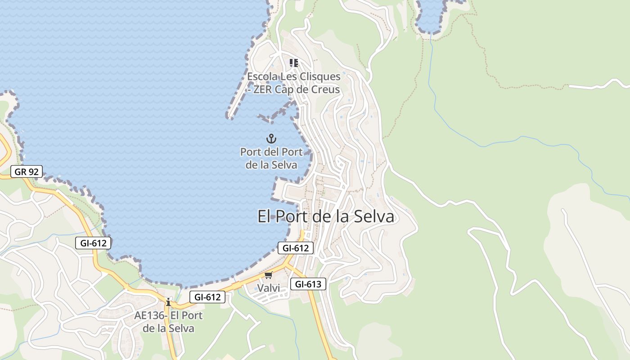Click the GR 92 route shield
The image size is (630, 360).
click(x=27, y=171)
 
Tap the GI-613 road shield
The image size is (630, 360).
click(x=308, y=284)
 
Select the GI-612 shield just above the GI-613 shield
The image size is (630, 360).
click(x=295, y=248)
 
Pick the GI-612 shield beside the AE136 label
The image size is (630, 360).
click(x=207, y=297)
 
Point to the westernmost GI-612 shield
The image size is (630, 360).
click(x=93, y=243)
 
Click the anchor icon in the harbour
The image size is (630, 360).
click(x=271, y=138)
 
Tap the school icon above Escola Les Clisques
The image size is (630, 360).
click(x=293, y=63)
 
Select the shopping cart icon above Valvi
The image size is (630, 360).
click(x=269, y=275)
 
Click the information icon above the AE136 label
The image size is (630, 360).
click(x=168, y=302)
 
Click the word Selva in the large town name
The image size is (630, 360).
click(x=372, y=216)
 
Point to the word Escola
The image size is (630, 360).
click(x=261, y=76)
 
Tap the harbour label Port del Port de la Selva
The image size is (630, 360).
click(x=271, y=158)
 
